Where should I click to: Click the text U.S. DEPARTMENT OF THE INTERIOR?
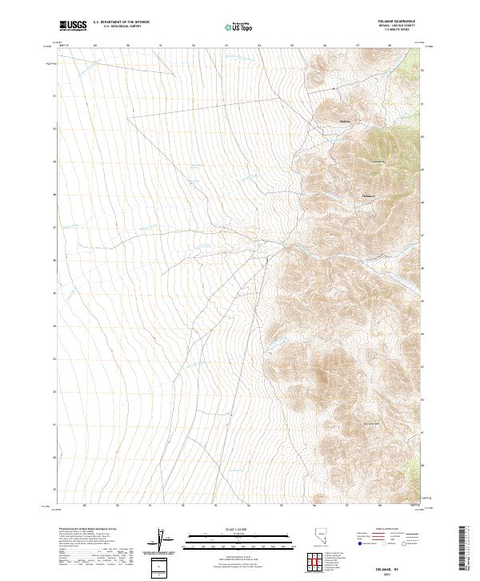(x=122, y=22)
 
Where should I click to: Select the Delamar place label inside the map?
(x=368, y=196)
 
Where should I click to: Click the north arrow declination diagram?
(x=159, y=541)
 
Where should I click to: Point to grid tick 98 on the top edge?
(x=390, y=46)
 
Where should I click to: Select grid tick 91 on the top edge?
(x=161, y=46)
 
